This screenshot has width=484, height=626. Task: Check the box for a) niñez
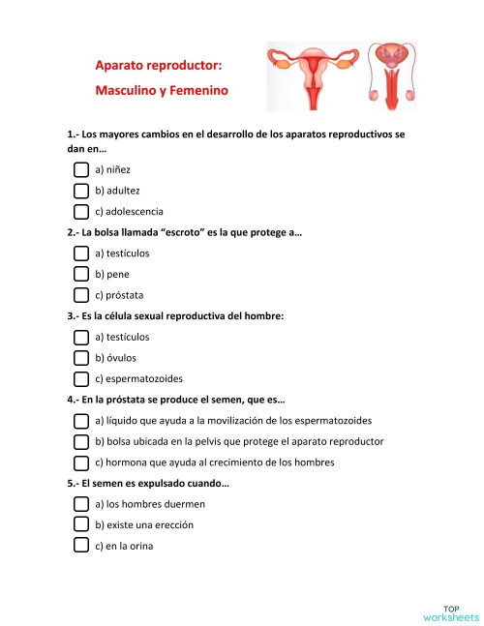tap(82, 169)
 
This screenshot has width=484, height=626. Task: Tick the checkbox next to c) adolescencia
tap(82, 211)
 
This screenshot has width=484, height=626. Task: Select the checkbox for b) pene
tap(82, 274)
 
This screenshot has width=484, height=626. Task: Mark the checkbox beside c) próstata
tap(82, 295)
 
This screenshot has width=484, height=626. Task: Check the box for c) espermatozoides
tap(82, 378)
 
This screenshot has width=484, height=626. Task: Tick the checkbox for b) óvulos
tap(82, 358)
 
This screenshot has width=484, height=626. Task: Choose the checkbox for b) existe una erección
tap(82, 524)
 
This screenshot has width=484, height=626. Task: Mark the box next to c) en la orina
tap(82, 546)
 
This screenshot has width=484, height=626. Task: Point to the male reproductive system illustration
tap(392, 75)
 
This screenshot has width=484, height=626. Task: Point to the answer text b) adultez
tap(117, 191)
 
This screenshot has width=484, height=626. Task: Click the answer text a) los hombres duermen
tap(150, 504)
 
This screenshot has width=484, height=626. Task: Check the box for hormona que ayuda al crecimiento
tap(82, 462)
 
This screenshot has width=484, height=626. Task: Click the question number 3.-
tap(74, 315)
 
